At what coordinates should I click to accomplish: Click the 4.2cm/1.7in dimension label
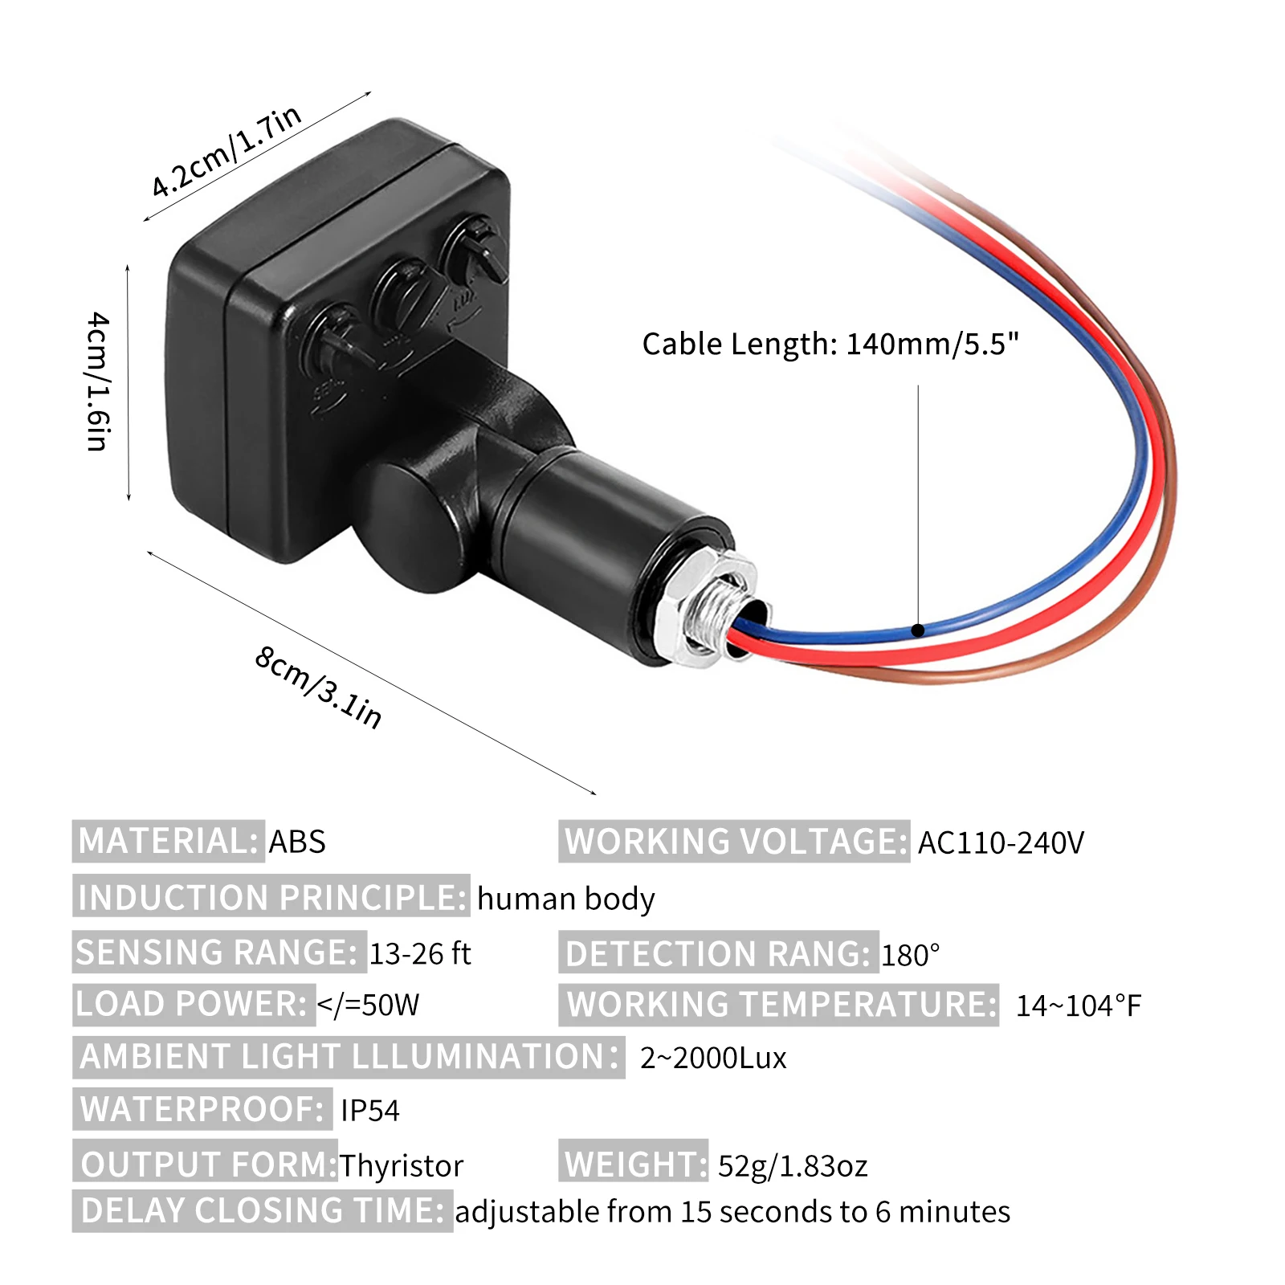coord(226,151)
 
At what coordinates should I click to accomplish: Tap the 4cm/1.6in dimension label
coord(98,381)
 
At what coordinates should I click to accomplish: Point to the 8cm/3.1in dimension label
coord(319,687)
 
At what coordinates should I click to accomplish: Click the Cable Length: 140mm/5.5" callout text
coord(830,344)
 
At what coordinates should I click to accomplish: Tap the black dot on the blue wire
coord(918,630)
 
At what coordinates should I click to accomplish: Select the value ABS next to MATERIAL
coord(297,842)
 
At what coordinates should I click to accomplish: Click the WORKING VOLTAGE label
coord(734,842)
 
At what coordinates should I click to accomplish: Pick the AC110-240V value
coord(1001,842)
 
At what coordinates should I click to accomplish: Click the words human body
coord(566,899)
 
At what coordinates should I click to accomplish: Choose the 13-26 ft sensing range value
coord(419,953)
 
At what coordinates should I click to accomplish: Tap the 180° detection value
coord(910,955)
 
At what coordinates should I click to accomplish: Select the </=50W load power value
coord(368,1005)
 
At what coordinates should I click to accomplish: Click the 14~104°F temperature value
coord(1078,1006)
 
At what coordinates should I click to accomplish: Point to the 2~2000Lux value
coord(713,1058)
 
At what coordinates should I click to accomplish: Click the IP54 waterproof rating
coord(369,1111)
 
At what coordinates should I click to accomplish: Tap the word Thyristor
coord(401,1165)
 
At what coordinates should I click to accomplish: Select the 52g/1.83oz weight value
coord(793,1165)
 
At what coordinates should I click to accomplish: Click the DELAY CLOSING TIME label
coord(262,1211)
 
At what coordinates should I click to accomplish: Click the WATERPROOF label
coord(202,1109)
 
